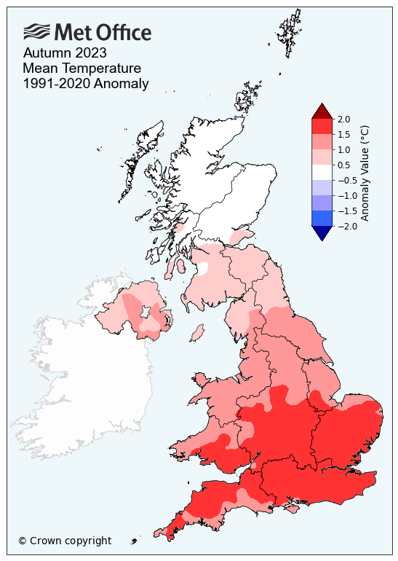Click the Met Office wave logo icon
tap(37, 31)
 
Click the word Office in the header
tap(124, 32)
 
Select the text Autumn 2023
tap(65, 53)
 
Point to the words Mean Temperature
tap(81, 68)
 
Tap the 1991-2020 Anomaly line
tap(86, 84)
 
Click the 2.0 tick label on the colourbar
tap(344, 119)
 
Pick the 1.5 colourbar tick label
tap(344, 134)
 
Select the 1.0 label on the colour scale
tap(344, 149)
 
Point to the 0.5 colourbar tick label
tap(344, 165)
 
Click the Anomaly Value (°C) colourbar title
tap(366, 173)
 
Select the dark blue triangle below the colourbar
tap(322, 232)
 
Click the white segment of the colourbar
tap(322, 172)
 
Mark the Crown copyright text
tap(65, 541)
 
